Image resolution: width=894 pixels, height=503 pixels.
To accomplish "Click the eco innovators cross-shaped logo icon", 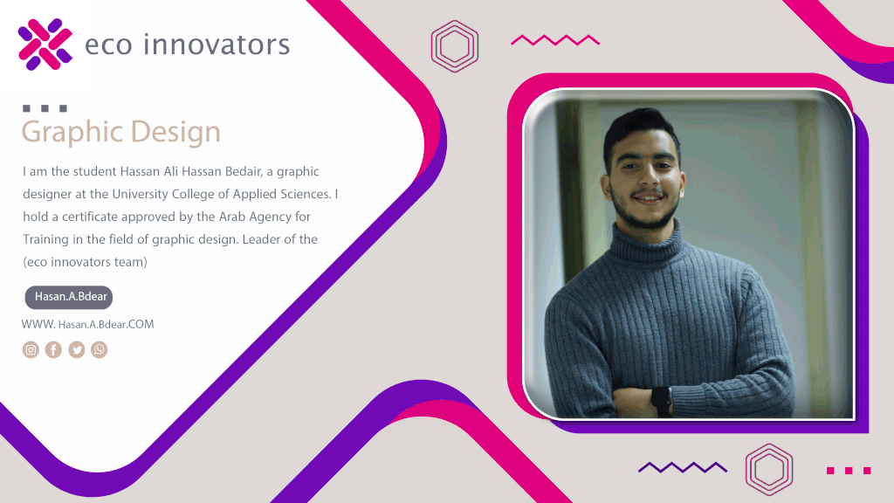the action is (45, 45).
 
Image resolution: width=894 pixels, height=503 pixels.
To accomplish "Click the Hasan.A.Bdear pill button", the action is (69, 297).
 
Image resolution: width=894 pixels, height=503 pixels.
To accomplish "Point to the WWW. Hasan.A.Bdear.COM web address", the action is (88, 325).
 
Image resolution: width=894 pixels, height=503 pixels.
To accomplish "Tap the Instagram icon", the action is (31, 349).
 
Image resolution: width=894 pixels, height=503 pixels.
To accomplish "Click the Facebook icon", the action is (53, 349).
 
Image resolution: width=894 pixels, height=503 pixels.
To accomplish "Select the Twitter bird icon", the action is (77, 349).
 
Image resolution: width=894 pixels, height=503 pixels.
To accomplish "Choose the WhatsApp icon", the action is (100, 349).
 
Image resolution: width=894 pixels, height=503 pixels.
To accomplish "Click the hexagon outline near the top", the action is (454, 27).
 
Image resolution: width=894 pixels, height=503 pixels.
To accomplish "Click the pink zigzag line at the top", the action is (555, 40).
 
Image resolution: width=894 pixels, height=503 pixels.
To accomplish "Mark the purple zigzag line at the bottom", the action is (683, 468).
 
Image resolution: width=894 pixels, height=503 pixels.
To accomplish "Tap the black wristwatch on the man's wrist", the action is (662, 401).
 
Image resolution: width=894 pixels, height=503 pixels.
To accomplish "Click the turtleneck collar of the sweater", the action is (648, 239).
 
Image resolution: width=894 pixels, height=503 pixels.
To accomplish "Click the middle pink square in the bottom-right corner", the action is (849, 471).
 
